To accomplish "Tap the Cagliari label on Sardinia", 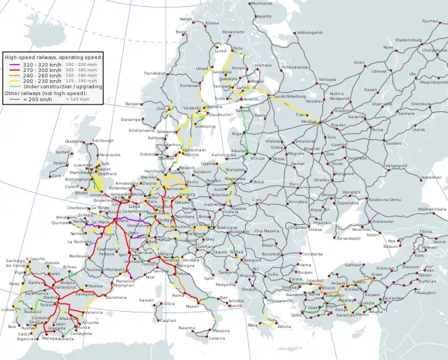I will tap(168, 321).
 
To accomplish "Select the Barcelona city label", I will tap(116, 298).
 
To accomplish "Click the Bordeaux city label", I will tap(79, 255).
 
